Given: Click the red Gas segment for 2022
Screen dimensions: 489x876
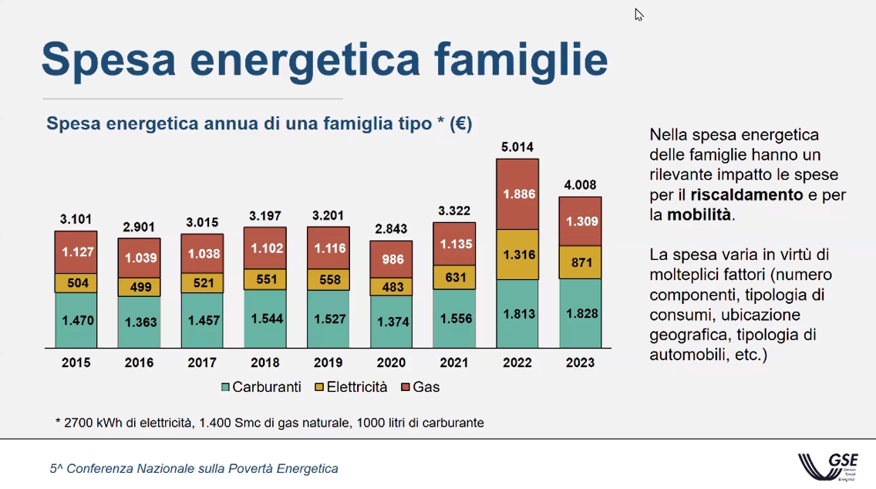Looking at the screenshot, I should (x=517, y=194).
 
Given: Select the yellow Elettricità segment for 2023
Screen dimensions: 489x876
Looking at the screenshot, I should (x=580, y=262).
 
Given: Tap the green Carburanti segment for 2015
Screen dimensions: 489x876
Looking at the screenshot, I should (x=76, y=320).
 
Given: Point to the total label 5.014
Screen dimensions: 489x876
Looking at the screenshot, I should (x=517, y=147).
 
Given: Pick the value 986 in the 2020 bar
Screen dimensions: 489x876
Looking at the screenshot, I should (x=393, y=259).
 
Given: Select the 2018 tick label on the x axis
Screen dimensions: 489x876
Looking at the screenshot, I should (x=265, y=363).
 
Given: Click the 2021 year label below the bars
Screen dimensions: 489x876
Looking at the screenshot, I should (x=454, y=363).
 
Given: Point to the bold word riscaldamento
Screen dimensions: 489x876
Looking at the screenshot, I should (x=746, y=195).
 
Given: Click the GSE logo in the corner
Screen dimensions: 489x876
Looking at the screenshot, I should (x=828, y=466).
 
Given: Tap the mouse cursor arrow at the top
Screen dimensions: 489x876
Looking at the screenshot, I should (x=638, y=15).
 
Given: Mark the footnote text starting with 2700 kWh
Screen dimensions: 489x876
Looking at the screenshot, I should (x=270, y=423).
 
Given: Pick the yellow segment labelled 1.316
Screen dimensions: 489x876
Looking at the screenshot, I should (x=517, y=255).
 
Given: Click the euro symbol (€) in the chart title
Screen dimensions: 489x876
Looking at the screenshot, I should (x=460, y=124).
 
